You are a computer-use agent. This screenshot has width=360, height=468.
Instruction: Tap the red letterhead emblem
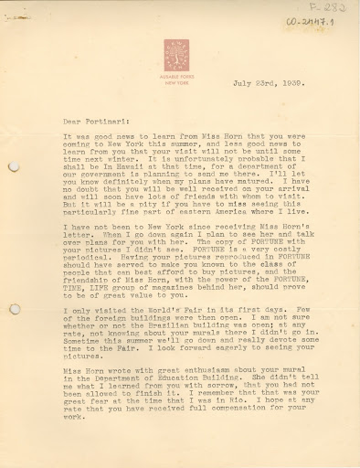click(x=176, y=51)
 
